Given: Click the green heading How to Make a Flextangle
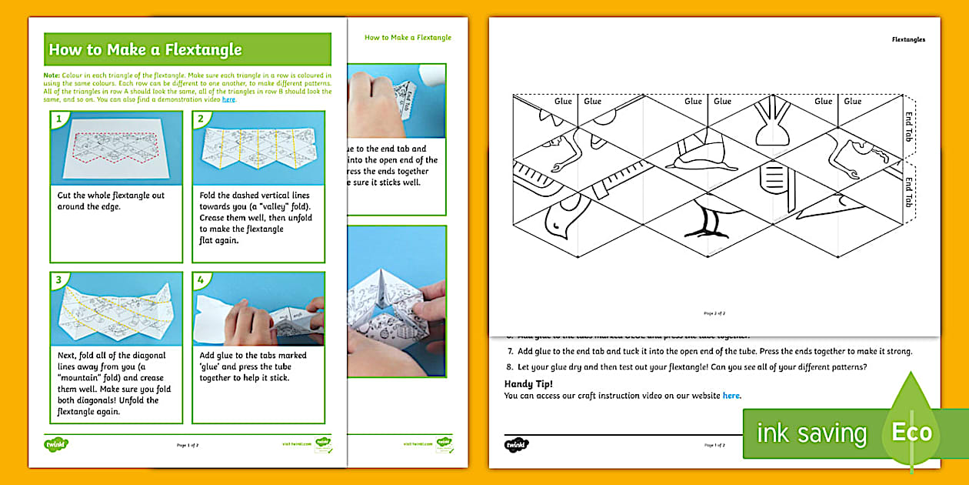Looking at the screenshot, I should point(145,50).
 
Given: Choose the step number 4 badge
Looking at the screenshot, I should point(201,280).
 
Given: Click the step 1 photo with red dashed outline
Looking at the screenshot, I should point(117,149).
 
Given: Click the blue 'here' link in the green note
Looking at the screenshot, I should point(228,99).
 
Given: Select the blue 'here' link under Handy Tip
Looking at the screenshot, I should point(731,396).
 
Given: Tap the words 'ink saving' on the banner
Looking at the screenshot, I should point(811,433).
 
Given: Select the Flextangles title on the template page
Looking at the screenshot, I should point(908,38).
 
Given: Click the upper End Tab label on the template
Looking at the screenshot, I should point(908,124).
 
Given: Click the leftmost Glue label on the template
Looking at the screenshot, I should point(563,101).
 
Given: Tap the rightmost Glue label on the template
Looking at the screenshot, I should point(853,101).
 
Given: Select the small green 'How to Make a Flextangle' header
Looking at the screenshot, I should point(408,37).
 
